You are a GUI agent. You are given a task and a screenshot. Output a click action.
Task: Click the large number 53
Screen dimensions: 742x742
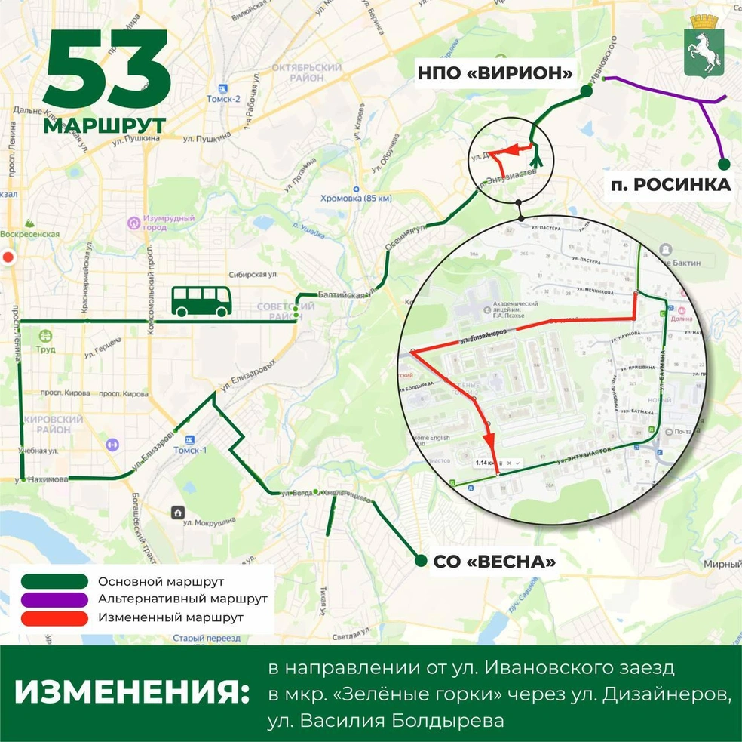(x=106, y=74)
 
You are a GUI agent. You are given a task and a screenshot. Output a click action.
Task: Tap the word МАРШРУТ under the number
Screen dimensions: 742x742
(x=104, y=125)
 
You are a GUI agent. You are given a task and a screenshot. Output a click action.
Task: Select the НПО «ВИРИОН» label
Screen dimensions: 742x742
(x=494, y=74)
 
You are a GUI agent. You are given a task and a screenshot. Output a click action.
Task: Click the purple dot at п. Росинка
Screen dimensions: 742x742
(x=723, y=164)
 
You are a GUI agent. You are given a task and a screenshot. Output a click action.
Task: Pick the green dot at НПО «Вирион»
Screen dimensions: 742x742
(x=586, y=91)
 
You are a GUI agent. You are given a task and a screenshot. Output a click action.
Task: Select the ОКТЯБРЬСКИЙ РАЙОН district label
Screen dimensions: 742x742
(x=308, y=72)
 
